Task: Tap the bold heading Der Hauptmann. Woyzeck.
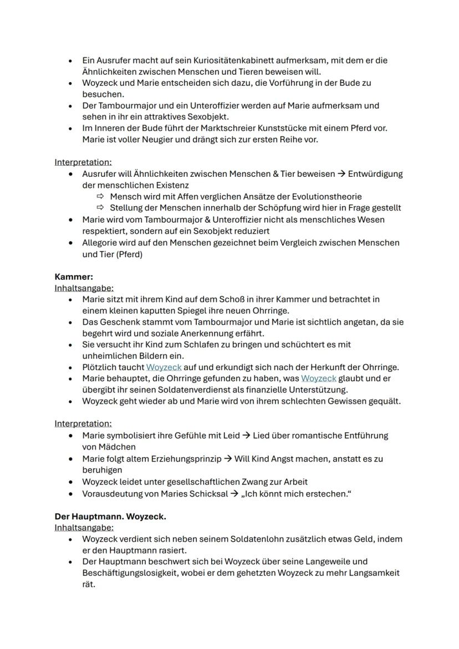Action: [110, 516]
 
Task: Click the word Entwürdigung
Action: [375, 173]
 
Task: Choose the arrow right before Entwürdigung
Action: [341, 173]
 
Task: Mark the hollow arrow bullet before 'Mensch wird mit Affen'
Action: [100, 196]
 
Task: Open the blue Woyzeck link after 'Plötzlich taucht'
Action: [164, 367]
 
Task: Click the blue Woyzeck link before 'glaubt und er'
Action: [318, 378]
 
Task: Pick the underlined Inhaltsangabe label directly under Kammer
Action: [84, 288]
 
